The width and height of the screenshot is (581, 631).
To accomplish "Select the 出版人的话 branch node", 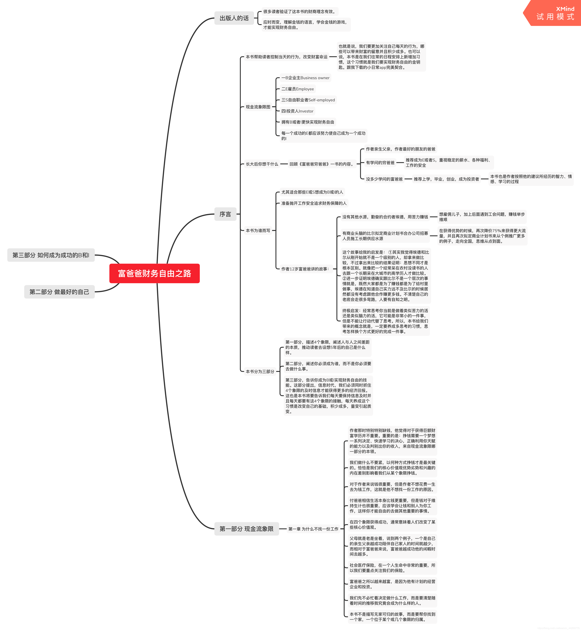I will (x=234, y=18).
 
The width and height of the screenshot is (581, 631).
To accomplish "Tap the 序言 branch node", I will (x=225, y=214).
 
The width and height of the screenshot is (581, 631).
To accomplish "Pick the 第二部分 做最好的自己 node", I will (x=59, y=292).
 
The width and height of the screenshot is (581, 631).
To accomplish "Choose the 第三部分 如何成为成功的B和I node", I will (x=51, y=255).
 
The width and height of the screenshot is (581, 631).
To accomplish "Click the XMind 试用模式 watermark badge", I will (x=555, y=13).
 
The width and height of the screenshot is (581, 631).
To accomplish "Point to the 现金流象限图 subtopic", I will (x=258, y=107).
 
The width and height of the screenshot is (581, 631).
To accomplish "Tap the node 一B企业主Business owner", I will (x=305, y=78).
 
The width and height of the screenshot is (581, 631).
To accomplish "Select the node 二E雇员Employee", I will (x=297, y=89).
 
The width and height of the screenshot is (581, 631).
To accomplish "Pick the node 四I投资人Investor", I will (x=297, y=111).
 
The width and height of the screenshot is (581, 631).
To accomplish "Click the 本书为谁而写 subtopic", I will (x=258, y=230).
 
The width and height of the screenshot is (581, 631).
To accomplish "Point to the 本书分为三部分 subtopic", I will (x=260, y=371).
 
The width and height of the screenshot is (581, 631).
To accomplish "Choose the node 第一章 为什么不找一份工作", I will (x=313, y=529).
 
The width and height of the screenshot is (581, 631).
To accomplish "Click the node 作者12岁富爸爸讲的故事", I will (x=305, y=269).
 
